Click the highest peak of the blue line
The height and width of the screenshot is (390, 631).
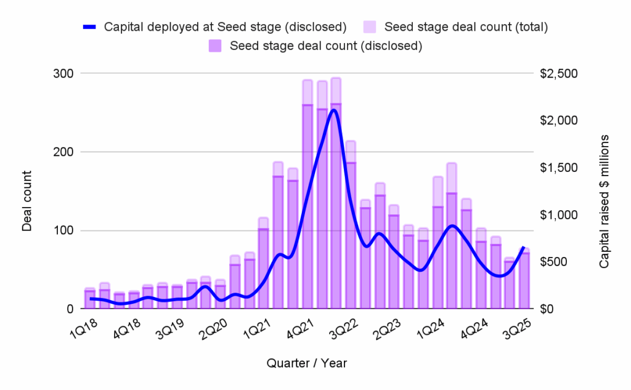pyautogui.click(x=333, y=110)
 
